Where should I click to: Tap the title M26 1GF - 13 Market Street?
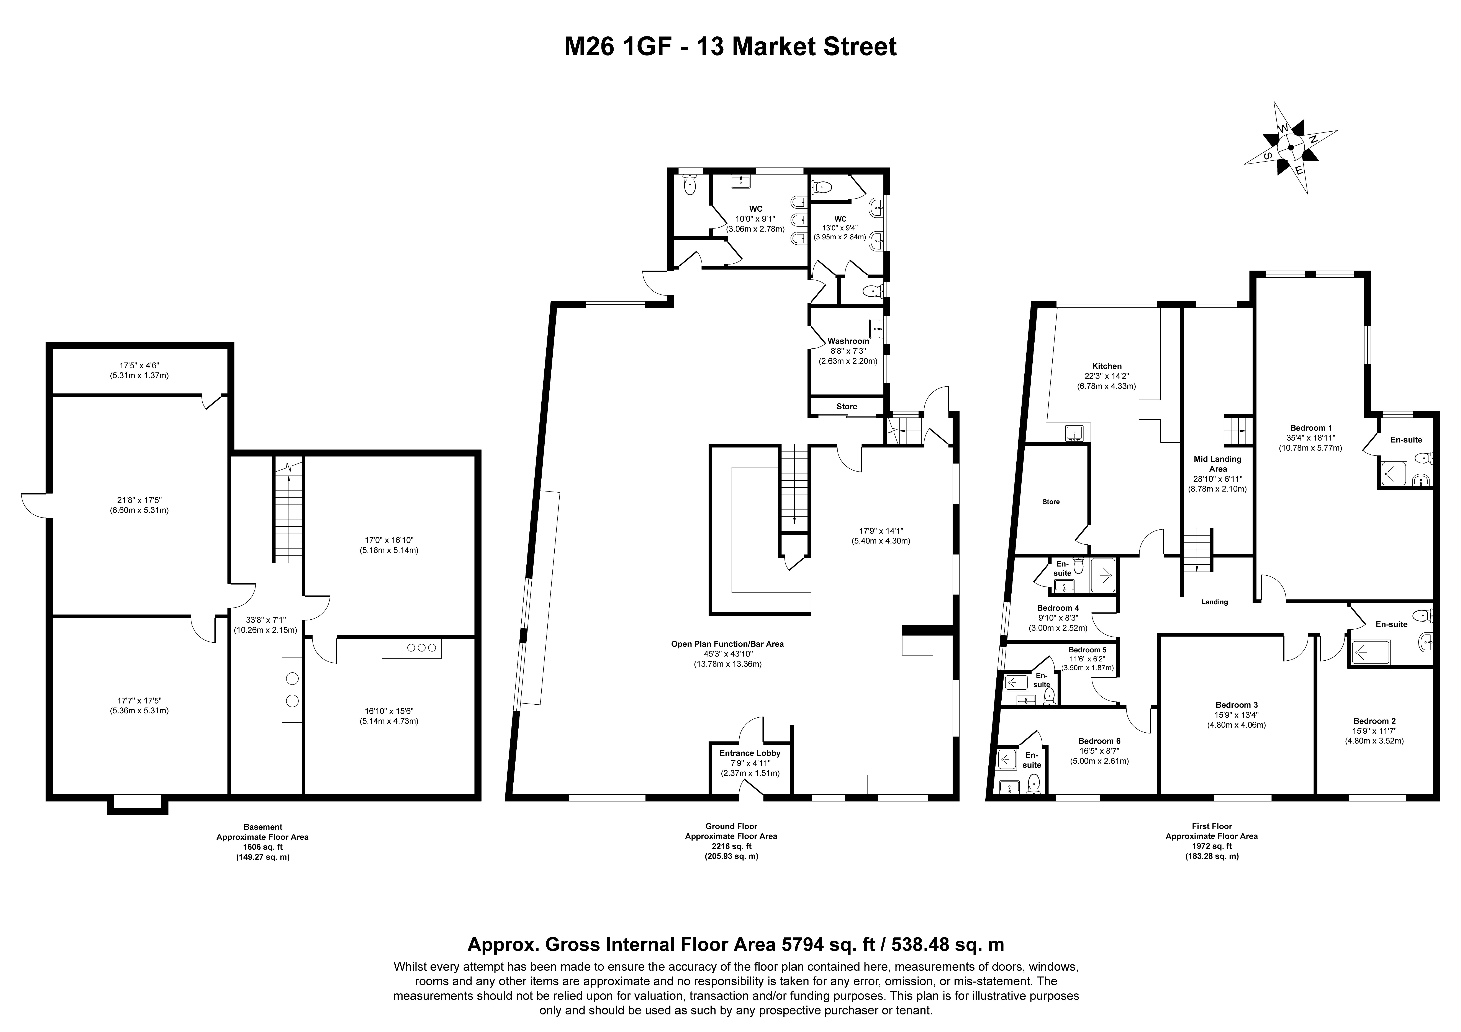[x=730, y=46]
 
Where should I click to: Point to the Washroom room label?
[x=848, y=341]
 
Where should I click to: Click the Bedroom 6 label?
[x=1100, y=741]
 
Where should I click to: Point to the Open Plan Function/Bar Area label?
[x=727, y=644]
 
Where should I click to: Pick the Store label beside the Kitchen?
[x=1051, y=502]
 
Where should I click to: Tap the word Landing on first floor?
[x=1215, y=602]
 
